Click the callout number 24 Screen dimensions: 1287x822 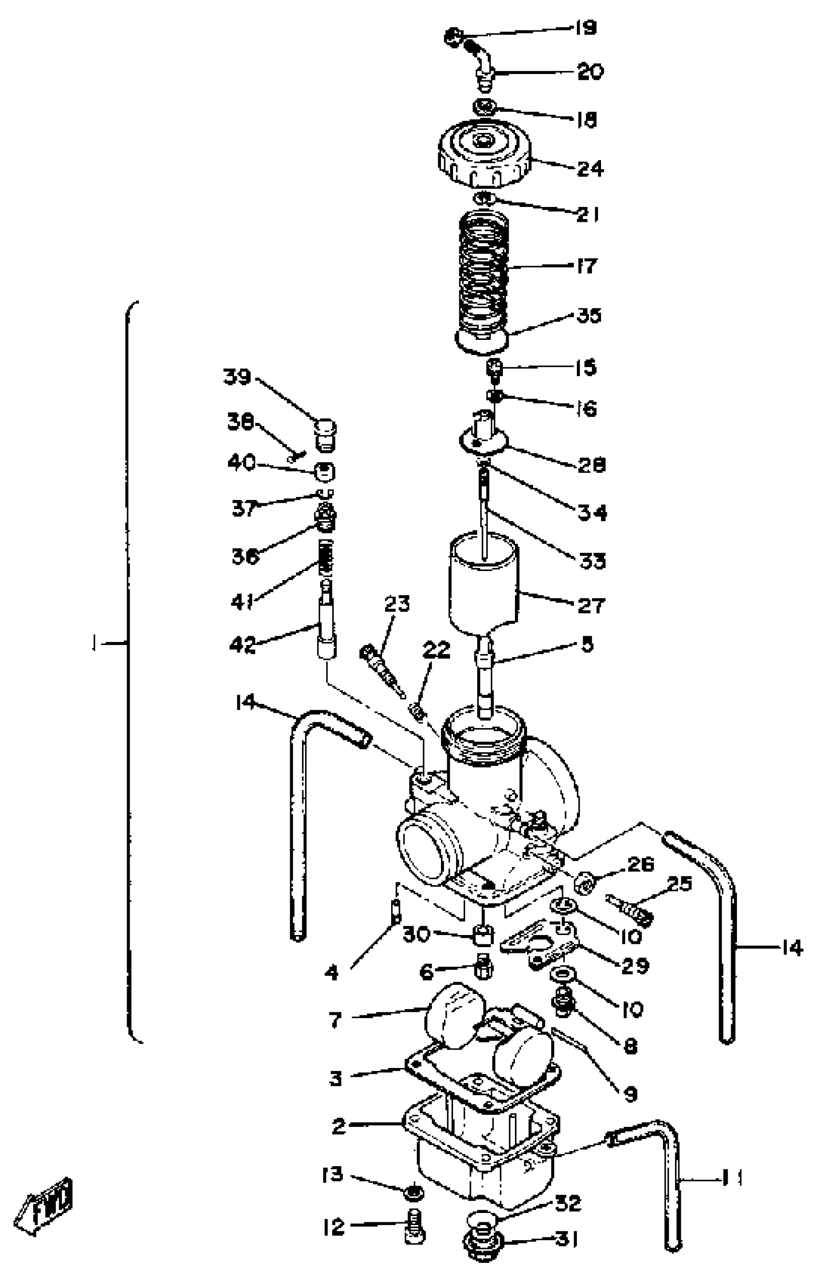point(590,169)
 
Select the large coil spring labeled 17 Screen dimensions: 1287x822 point(484,273)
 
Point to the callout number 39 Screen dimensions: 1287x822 point(237,377)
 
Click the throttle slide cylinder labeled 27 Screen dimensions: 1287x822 point(484,583)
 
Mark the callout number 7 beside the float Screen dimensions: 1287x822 point(335,1020)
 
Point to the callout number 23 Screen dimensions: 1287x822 point(397,604)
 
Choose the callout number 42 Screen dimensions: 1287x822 point(243,645)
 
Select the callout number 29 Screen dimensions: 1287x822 point(635,965)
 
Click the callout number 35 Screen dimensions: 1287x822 point(589,315)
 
